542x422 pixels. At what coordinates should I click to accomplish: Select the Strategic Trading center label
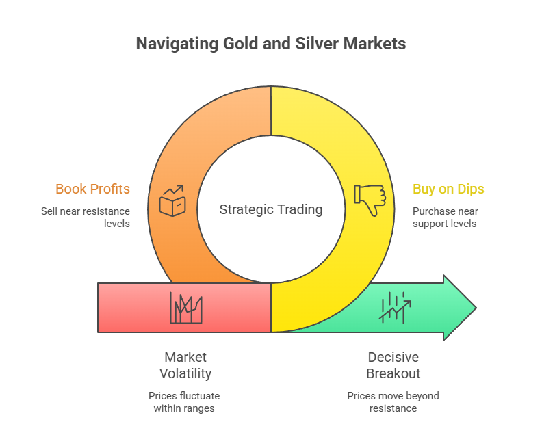(271, 209)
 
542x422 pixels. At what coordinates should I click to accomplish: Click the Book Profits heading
(92, 189)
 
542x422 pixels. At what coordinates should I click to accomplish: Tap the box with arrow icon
(171, 200)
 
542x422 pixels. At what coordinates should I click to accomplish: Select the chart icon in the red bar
(185, 308)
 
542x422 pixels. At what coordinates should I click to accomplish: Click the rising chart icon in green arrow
(394, 308)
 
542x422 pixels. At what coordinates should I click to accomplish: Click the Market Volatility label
(185, 365)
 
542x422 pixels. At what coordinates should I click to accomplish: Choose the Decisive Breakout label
(393, 365)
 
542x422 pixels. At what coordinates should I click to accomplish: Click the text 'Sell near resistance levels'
(85, 217)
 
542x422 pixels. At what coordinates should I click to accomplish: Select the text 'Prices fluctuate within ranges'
(185, 401)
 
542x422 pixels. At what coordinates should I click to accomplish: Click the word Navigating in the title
(176, 44)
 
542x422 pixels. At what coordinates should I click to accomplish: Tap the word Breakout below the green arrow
(393, 373)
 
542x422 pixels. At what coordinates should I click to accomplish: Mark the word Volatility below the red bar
(185, 373)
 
